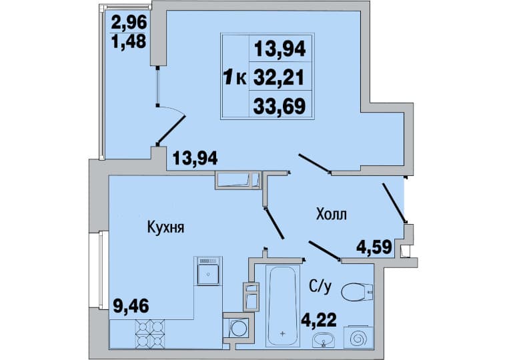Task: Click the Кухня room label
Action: (165, 227)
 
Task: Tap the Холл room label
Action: (332, 214)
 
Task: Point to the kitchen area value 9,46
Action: (131, 305)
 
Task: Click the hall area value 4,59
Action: (374, 247)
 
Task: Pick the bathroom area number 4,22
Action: (319, 319)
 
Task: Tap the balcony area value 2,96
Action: (129, 22)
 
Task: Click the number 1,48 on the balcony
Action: (129, 41)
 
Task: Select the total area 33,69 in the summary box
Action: (280, 106)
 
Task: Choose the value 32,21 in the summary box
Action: (280, 77)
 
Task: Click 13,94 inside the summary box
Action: (280, 49)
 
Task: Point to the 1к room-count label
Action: (235, 78)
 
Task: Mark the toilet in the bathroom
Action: (357, 291)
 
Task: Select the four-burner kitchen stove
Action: (149, 333)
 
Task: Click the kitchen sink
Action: (208, 271)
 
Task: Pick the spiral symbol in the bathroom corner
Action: (358, 338)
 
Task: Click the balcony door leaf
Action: (171, 130)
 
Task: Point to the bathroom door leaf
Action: (324, 250)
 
